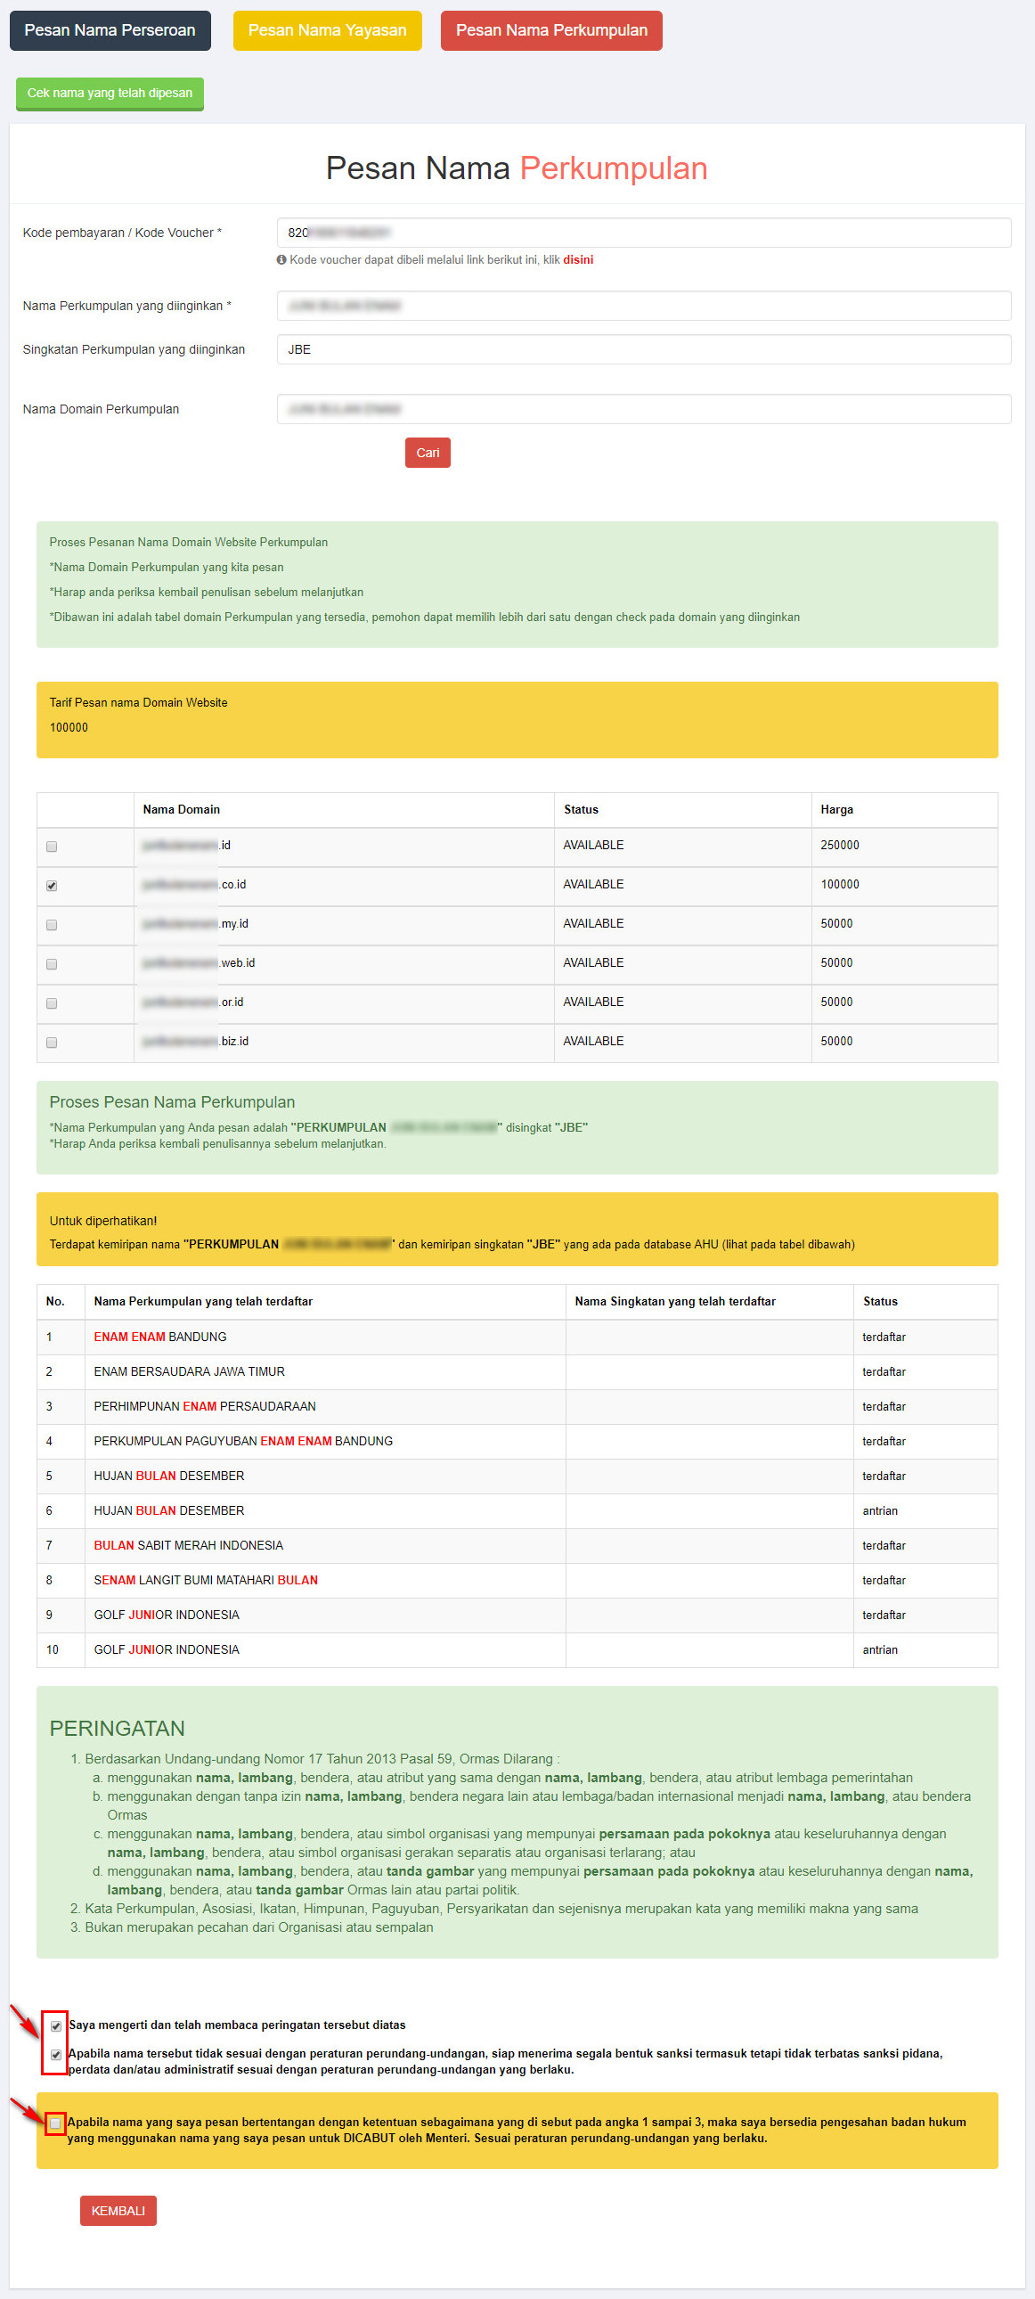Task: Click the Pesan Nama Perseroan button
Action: (x=110, y=30)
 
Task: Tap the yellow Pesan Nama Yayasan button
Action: (x=327, y=30)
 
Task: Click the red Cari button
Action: (x=428, y=453)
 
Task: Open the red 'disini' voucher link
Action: (x=577, y=259)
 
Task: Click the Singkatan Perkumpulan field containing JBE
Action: (x=642, y=349)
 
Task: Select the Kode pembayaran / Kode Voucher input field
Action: (x=642, y=233)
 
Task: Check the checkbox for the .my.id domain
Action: (x=52, y=925)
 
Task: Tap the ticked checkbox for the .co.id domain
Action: (x=52, y=886)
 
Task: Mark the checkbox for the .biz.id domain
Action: (x=52, y=1043)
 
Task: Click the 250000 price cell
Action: (x=840, y=845)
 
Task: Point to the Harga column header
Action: (x=836, y=809)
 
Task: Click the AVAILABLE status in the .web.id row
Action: (x=593, y=963)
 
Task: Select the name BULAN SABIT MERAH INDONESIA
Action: (x=188, y=1545)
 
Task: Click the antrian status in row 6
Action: (x=880, y=1510)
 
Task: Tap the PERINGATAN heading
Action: (x=117, y=1728)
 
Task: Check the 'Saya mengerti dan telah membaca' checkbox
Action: (x=56, y=2026)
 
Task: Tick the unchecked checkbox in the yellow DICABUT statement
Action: (x=55, y=2123)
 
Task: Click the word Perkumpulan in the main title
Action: (x=613, y=168)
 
